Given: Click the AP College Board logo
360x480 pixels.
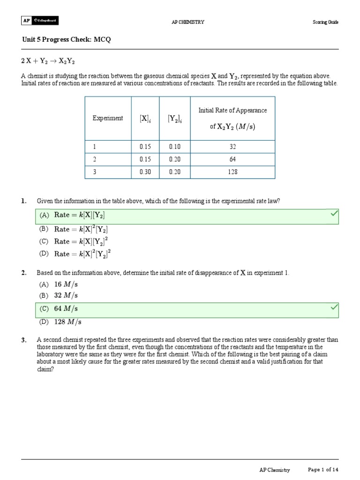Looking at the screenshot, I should point(40,21).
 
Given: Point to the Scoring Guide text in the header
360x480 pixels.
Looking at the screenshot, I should point(325,22).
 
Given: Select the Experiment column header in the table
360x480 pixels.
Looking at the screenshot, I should point(108,118).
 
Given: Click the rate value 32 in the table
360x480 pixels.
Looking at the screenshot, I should point(232,146).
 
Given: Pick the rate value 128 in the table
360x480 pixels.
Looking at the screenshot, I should point(232,172).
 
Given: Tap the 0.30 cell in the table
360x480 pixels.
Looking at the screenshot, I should point(146,172).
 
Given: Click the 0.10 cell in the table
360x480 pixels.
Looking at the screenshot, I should point(174,146).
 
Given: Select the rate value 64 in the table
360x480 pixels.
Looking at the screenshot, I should point(232,159).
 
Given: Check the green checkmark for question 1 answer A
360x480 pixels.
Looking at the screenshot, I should point(334,214).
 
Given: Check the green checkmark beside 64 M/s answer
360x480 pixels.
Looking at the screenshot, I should point(334,307).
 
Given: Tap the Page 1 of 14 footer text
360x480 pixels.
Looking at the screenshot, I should point(323,470).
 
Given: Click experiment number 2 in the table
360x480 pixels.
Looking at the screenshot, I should point(94,159).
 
